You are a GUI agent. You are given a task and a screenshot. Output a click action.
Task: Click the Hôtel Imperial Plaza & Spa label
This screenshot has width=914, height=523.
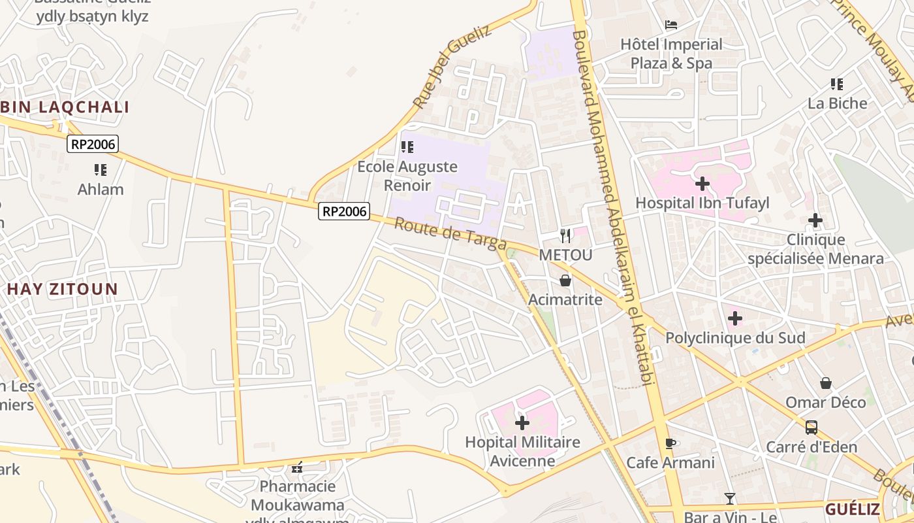tap(671, 54)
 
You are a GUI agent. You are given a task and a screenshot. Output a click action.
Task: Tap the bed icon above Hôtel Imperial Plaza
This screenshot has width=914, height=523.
tap(671, 25)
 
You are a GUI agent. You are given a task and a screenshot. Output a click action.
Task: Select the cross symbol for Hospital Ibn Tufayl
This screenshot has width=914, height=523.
tap(702, 184)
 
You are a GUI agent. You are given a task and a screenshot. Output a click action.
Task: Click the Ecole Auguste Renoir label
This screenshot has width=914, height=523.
tap(407, 176)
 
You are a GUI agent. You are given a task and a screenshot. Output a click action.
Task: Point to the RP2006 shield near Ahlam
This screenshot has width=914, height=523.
tap(93, 144)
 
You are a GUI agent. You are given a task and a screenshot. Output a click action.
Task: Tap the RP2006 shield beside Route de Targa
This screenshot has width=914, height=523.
tap(344, 211)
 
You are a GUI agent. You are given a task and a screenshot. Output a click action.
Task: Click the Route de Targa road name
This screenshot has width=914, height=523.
tap(450, 234)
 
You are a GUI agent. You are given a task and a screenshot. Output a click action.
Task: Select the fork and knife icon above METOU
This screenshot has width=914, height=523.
tap(565, 235)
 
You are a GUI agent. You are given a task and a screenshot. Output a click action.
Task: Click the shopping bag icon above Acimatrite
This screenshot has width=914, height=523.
tap(565, 280)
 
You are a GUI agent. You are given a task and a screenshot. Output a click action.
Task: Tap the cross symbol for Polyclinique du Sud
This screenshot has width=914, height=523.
tap(735, 318)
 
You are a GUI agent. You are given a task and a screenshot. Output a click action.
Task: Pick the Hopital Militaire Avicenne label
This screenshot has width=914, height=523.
tap(522, 451)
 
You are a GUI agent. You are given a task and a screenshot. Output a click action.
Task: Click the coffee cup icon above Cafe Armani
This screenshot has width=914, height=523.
tap(670, 443)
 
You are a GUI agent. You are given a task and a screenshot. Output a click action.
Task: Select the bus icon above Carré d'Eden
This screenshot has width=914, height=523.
tap(812, 428)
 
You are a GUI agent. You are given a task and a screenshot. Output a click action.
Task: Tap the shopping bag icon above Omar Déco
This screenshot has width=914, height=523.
tap(826, 382)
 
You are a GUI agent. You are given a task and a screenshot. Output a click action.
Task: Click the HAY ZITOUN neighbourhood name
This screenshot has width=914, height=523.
tap(63, 289)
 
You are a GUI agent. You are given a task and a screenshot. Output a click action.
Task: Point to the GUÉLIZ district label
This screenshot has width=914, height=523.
tap(853, 509)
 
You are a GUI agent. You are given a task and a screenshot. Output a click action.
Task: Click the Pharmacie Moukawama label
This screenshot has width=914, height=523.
tap(297, 496)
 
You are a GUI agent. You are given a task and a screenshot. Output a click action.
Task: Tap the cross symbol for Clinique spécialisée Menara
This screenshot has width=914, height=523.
tap(815, 220)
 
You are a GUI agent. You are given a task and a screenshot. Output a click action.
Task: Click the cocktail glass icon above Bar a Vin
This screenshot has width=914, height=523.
tap(730, 499)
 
